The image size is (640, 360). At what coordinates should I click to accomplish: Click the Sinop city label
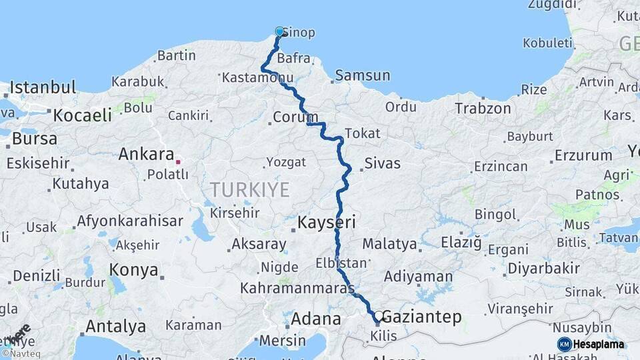pyautogui.click(x=299, y=33)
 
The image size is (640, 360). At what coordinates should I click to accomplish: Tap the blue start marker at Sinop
pyautogui.click(x=280, y=31)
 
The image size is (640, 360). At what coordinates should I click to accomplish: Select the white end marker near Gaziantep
pyautogui.click(x=379, y=315)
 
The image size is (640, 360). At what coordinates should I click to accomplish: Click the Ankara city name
pyautogui.click(x=146, y=154)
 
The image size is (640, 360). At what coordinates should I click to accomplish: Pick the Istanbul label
pyautogui.click(x=43, y=87)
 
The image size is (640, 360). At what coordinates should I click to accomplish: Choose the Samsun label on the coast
pyautogui.click(x=362, y=75)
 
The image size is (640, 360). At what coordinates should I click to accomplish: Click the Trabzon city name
pyautogui.click(x=483, y=108)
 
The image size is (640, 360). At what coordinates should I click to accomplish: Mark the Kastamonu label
pyautogui.click(x=253, y=78)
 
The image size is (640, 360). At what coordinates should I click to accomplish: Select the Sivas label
pyautogui.click(x=383, y=163)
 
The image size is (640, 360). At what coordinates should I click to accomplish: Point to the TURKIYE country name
pyautogui.click(x=250, y=189)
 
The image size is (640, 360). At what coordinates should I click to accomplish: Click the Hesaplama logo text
pyautogui.click(x=599, y=344)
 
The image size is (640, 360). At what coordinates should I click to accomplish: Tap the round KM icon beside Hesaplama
pyautogui.click(x=565, y=344)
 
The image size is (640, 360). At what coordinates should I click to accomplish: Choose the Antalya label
pyautogui.click(x=115, y=327)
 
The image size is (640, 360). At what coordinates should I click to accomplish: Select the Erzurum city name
pyautogui.click(x=583, y=155)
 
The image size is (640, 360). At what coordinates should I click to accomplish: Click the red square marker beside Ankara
pyautogui.click(x=178, y=161)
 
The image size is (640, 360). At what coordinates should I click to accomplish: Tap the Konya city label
pyautogui.click(x=134, y=271)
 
